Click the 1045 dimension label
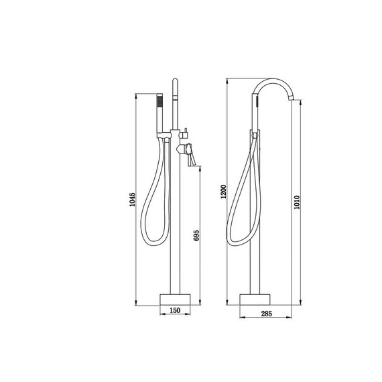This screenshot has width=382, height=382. tap(132, 199)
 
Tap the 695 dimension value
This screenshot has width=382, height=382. tap(196, 235)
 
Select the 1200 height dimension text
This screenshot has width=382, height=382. tap(223, 192)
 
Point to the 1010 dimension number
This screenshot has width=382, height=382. tap(296, 202)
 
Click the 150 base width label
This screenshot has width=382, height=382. tap(175, 310)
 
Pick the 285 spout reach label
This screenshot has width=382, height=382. tap(266, 314)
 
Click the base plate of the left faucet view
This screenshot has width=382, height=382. tap(175, 300)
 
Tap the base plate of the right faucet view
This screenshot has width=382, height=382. tap(255, 300)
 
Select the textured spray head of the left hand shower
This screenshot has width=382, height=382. tap(160, 101)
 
